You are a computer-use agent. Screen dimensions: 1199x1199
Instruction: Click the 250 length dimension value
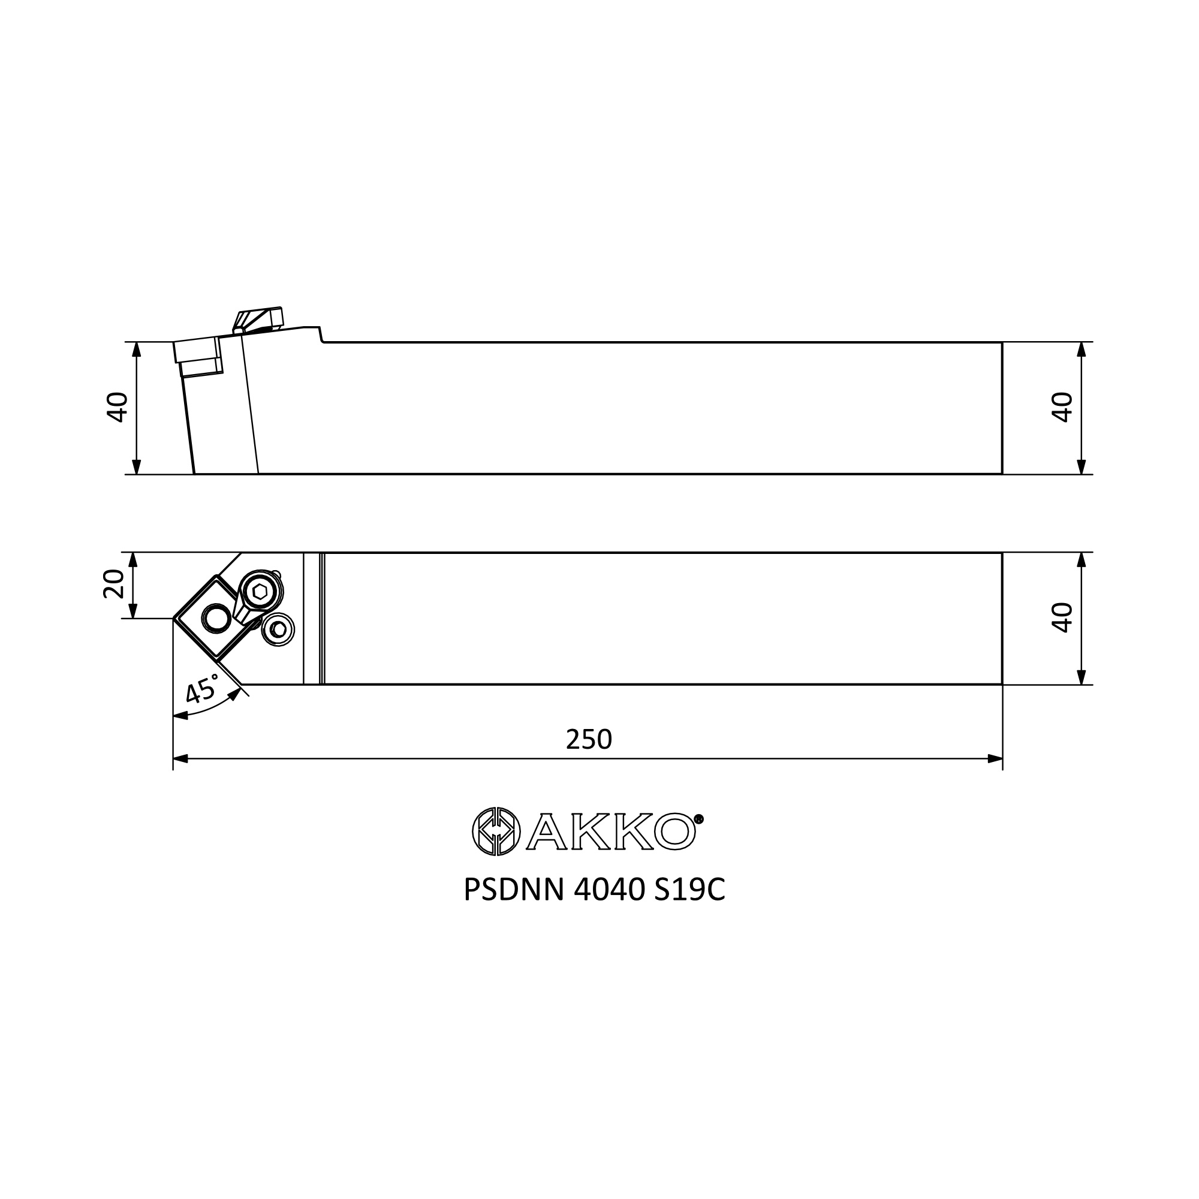coord(589,739)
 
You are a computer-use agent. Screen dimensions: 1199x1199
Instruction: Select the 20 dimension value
coord(113,584)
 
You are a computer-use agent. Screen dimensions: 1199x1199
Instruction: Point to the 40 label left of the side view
coord(118,407)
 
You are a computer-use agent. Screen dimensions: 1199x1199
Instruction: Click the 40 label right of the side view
coord(1062,407)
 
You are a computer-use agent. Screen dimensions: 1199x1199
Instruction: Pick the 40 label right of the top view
coord(1062,617)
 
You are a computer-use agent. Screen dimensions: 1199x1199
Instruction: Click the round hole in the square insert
coord(216,618)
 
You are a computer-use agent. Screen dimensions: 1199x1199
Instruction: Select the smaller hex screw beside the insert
coord(278,629)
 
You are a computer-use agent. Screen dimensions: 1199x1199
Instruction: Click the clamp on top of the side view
coord(258,320)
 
